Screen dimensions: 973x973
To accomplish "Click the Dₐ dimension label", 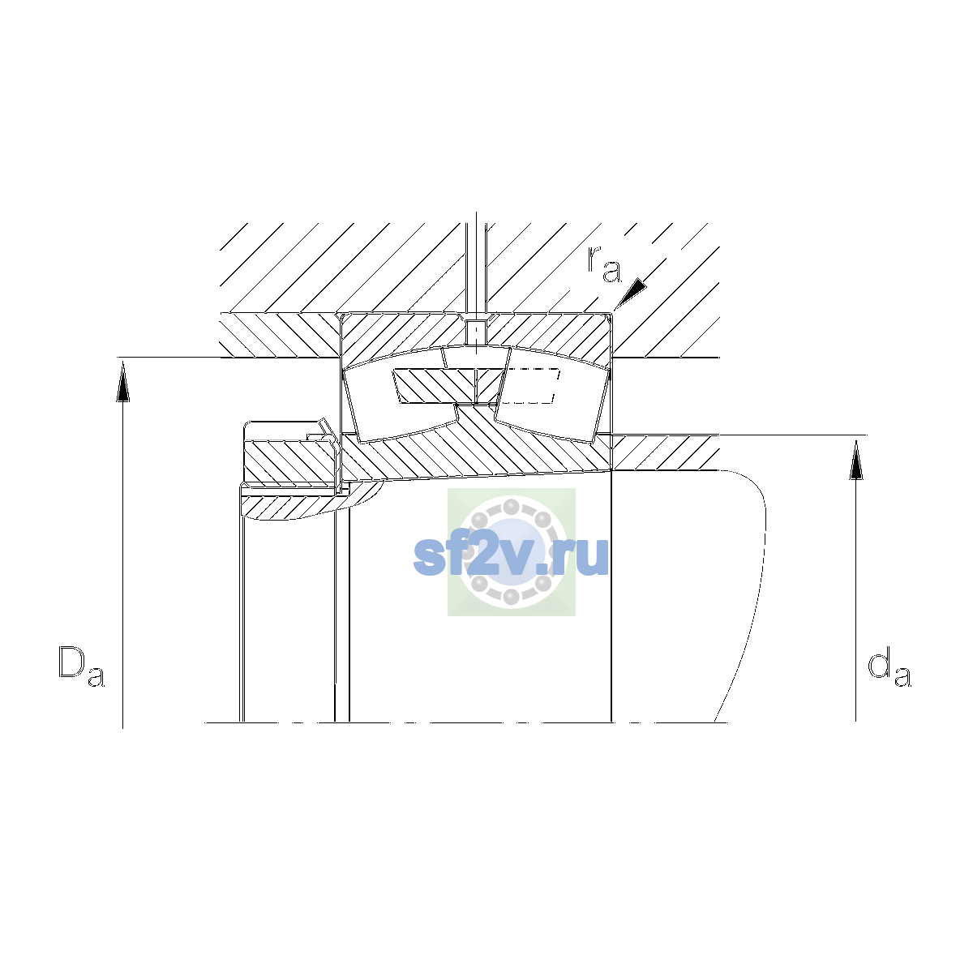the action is click(82, 666).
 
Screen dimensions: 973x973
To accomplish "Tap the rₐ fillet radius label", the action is click(604, 264).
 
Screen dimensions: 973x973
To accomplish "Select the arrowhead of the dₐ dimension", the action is click(855, 460).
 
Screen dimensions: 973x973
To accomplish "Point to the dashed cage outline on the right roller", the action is click(531, 386).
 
